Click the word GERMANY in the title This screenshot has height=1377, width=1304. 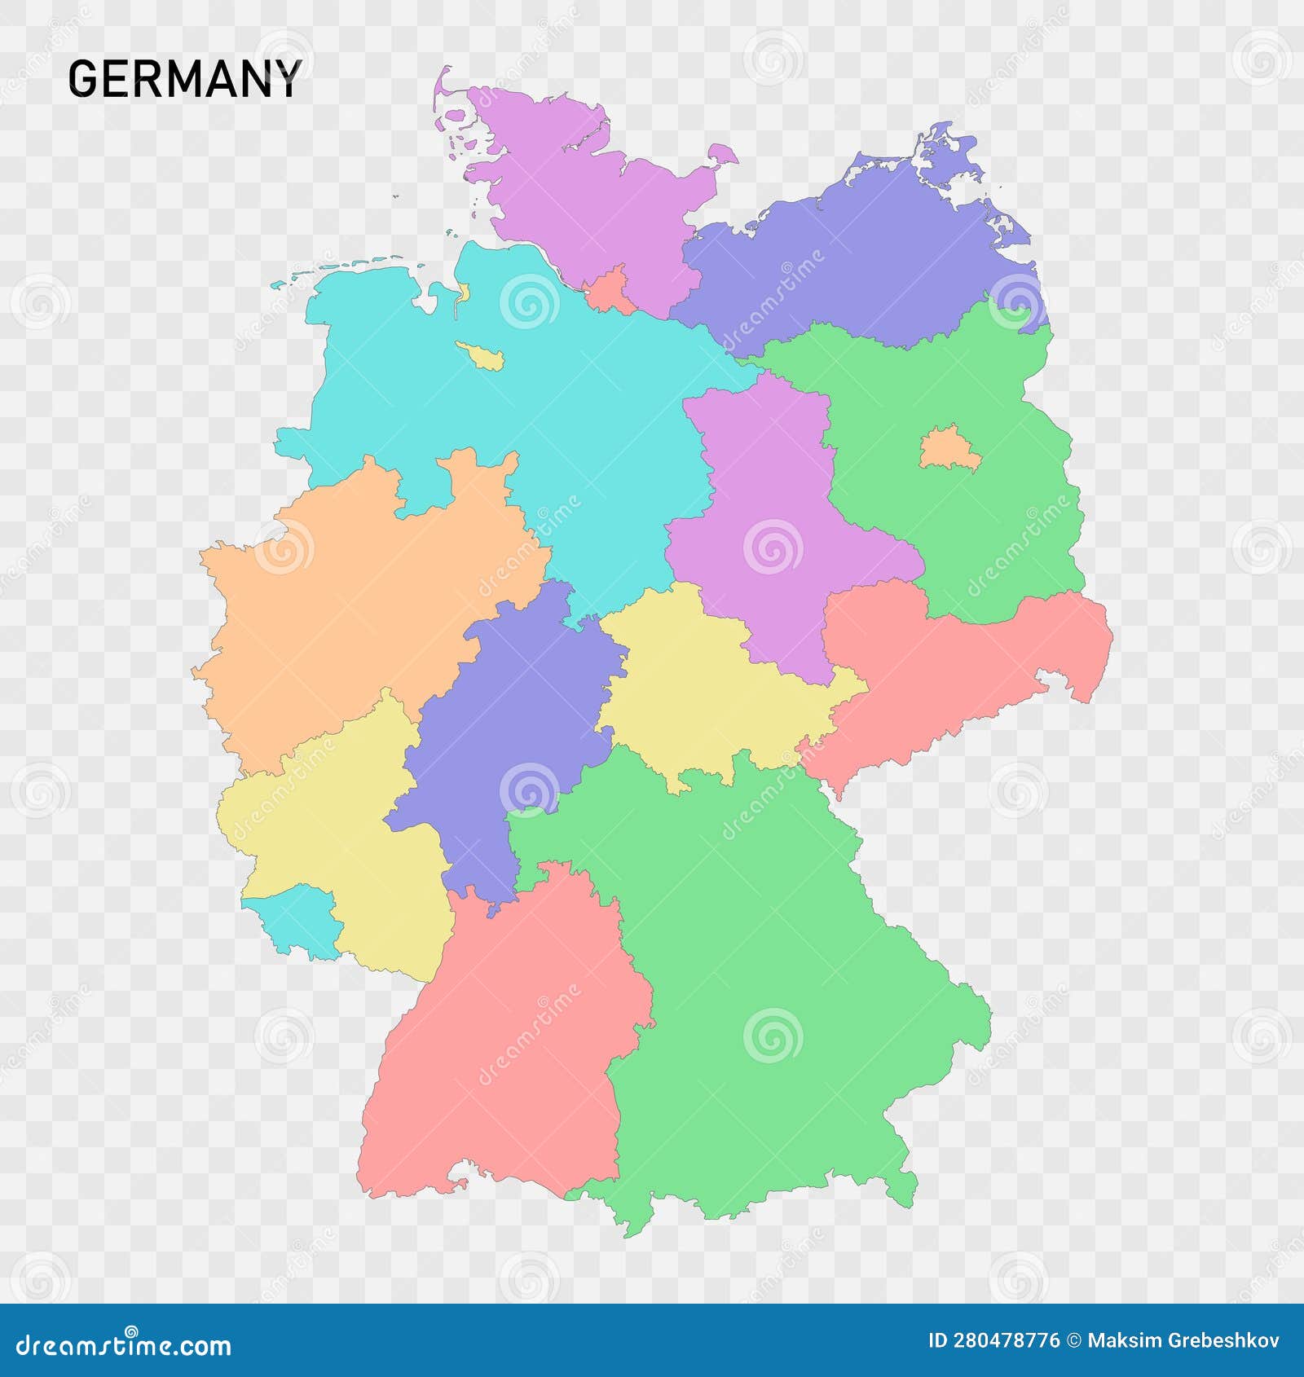(185, 79)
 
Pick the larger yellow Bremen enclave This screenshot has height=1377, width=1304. (481, 355)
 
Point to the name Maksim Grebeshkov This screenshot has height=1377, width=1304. (1183, 1341)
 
